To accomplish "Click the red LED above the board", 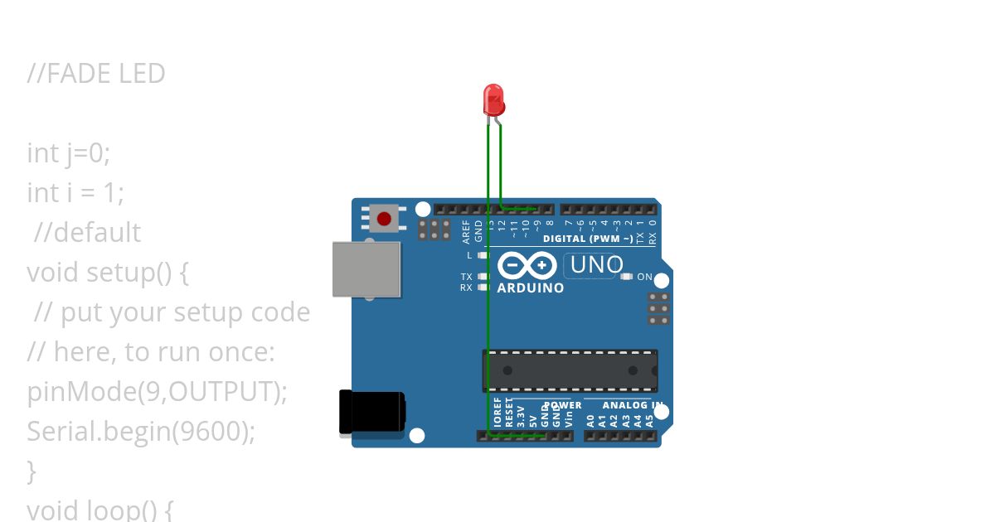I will [493, 99].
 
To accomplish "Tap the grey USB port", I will [366, 269].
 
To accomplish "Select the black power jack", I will [371, 412].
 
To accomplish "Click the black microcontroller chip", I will [570, 370].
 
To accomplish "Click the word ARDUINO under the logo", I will [530, 288].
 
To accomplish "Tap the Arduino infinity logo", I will [527, 265].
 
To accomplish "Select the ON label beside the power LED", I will [644, 277].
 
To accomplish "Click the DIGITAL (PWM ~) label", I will [588, 239].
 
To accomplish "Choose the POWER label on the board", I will [563, 405].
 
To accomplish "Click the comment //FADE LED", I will [96, 74].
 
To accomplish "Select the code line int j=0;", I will [68, 153].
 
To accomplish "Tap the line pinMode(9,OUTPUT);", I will [157, 391].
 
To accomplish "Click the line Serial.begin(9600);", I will [141, 431].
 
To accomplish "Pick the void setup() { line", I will [108, 272].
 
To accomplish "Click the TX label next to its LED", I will [467, 277].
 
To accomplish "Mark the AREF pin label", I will [467, 231].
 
